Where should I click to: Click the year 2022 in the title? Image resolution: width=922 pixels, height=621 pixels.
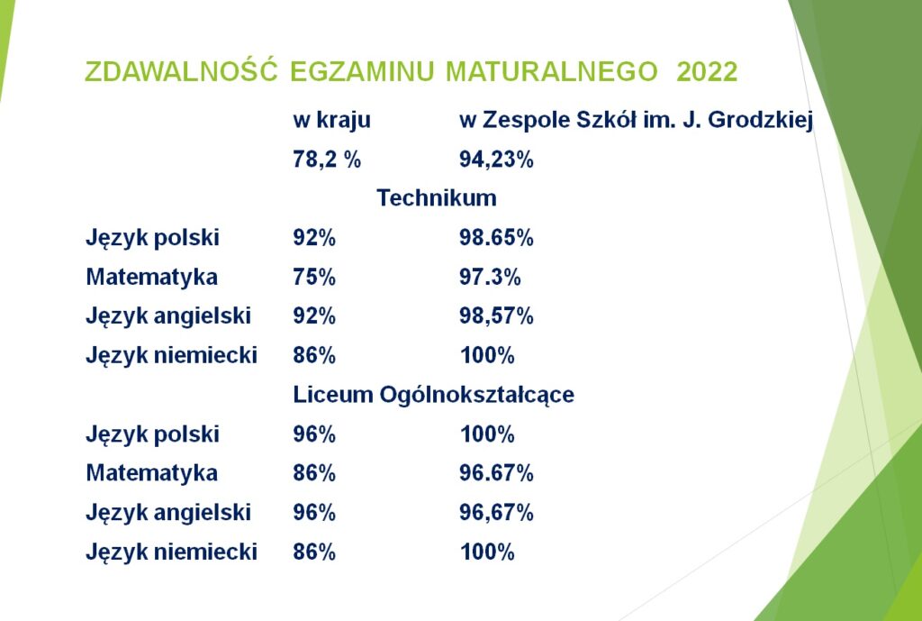tap(707, 72)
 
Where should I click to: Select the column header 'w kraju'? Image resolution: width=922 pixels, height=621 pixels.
tap(331, 120)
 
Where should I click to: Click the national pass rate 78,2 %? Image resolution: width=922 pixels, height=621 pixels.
tap(327, 160)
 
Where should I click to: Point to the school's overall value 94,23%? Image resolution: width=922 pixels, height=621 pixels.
tap(496, 160)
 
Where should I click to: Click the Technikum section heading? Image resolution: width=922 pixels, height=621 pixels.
tap(437, 197)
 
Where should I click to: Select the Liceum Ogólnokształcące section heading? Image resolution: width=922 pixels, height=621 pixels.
tap(433, 395)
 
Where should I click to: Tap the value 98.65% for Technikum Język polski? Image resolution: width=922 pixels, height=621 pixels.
tap(496, 238)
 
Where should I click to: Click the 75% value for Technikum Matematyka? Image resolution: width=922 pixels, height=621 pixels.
tap(314, 278)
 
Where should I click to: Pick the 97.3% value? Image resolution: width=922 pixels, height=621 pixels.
tap(490, 278)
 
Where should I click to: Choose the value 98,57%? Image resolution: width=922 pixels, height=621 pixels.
tap(496, 316)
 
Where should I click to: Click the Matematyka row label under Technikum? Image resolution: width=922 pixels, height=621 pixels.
tap(151, 278)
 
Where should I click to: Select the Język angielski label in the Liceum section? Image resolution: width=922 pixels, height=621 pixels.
tap(168, 513)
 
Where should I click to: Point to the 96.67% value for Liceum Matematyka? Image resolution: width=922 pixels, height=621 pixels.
tap(496, 473)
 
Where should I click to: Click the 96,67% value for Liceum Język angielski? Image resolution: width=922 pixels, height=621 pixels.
tap(496, 513)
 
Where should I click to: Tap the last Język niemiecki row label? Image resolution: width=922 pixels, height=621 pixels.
tap(171, 553)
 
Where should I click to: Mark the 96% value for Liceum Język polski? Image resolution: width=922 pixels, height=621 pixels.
tap(314, 434)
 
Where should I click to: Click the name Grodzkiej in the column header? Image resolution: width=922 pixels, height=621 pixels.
tap(760, 121)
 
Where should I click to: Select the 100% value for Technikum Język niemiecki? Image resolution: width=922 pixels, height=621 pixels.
tap(487, 355)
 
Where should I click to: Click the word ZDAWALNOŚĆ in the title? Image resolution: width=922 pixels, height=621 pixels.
tap(181, 70)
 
